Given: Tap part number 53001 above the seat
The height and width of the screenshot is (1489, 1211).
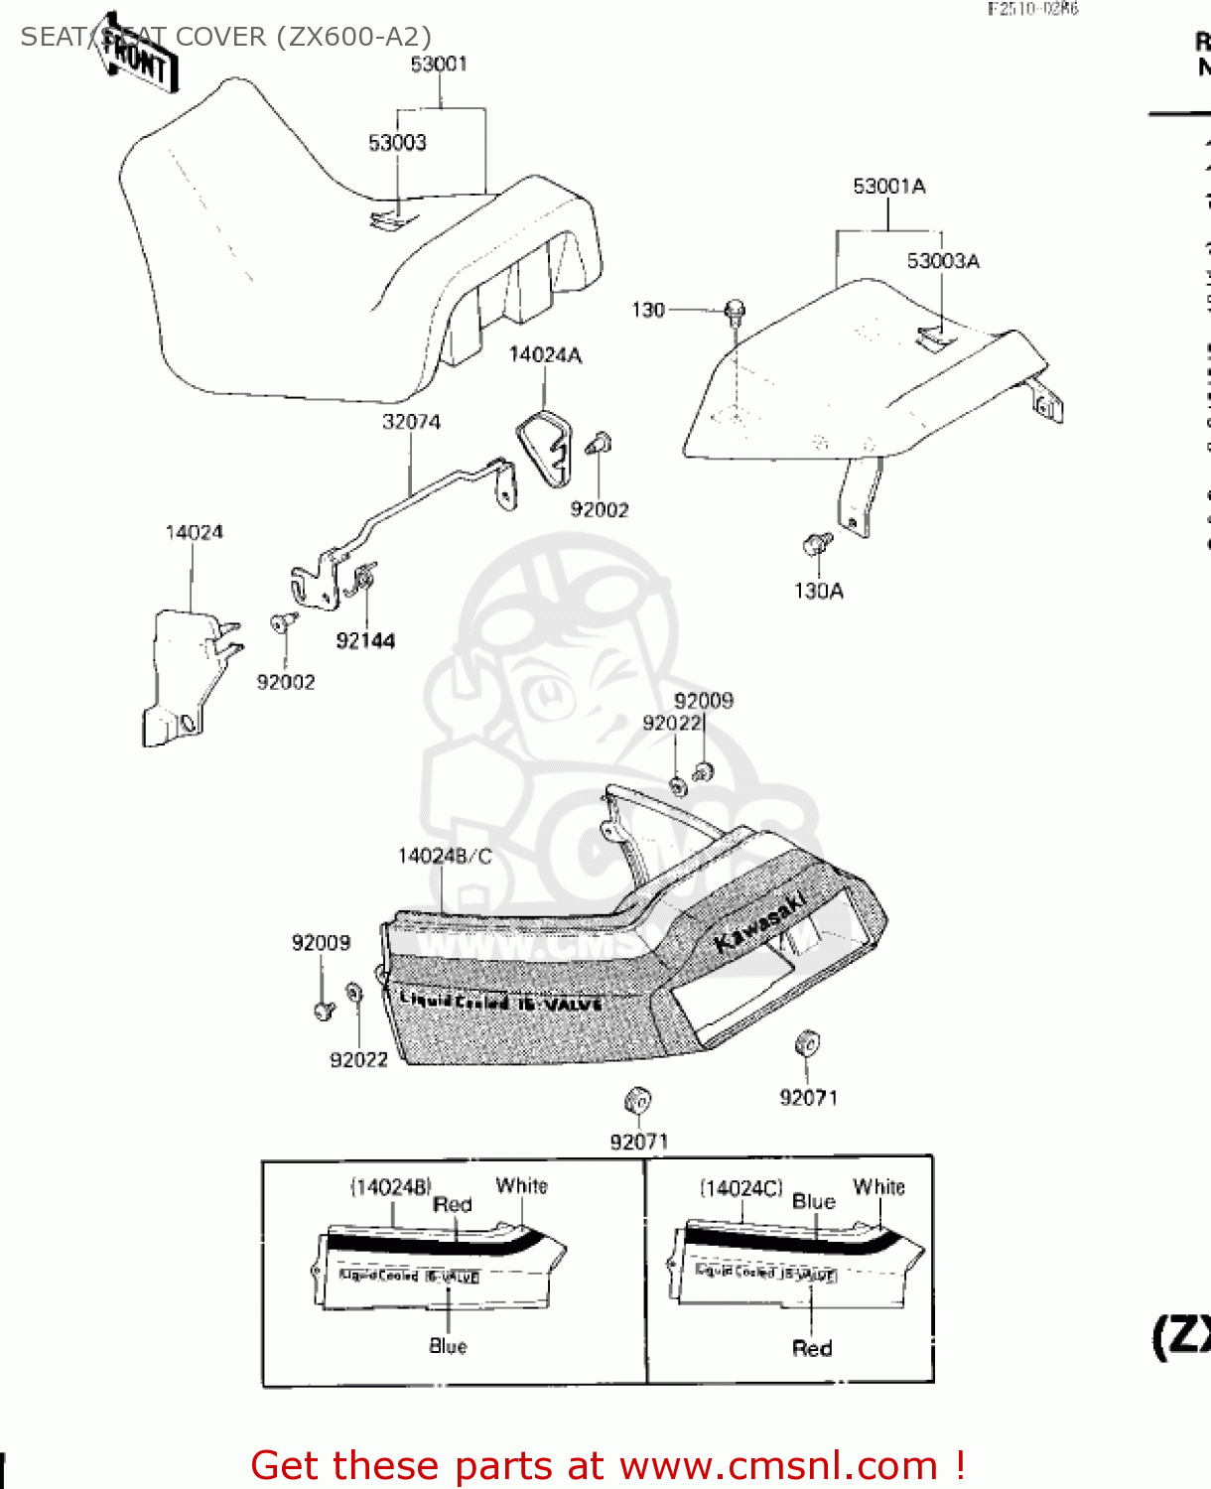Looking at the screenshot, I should coord(439,65).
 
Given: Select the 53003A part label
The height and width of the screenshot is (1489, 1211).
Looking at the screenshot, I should coord(943,261).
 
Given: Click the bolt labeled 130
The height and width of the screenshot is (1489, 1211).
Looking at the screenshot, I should coord(735,312).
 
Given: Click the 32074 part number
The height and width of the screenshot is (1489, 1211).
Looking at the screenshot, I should coord(411,422).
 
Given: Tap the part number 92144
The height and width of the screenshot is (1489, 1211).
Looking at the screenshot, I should coord(365,641).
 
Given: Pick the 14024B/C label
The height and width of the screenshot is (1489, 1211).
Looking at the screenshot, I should coord(445,856).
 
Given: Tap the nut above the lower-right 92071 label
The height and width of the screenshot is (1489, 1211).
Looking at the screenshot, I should coord(807,1044).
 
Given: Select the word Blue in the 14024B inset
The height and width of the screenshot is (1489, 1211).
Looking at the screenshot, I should coord(448,1346).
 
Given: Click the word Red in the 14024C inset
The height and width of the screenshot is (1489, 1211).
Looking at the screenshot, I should coord(812,1348).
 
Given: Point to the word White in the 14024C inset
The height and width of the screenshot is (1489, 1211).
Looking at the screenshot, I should coord(878,1187).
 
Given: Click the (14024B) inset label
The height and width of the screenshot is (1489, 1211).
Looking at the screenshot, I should coord(390,1187).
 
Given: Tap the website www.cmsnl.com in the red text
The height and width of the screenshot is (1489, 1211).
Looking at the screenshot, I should coord(778,1465).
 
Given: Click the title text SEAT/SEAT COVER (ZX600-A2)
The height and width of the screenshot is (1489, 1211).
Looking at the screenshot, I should coord(226,37).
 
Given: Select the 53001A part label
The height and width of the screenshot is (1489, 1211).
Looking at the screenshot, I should coord(889,187).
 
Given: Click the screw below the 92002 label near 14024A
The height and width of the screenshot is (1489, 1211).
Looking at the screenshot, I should coord(599,444).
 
